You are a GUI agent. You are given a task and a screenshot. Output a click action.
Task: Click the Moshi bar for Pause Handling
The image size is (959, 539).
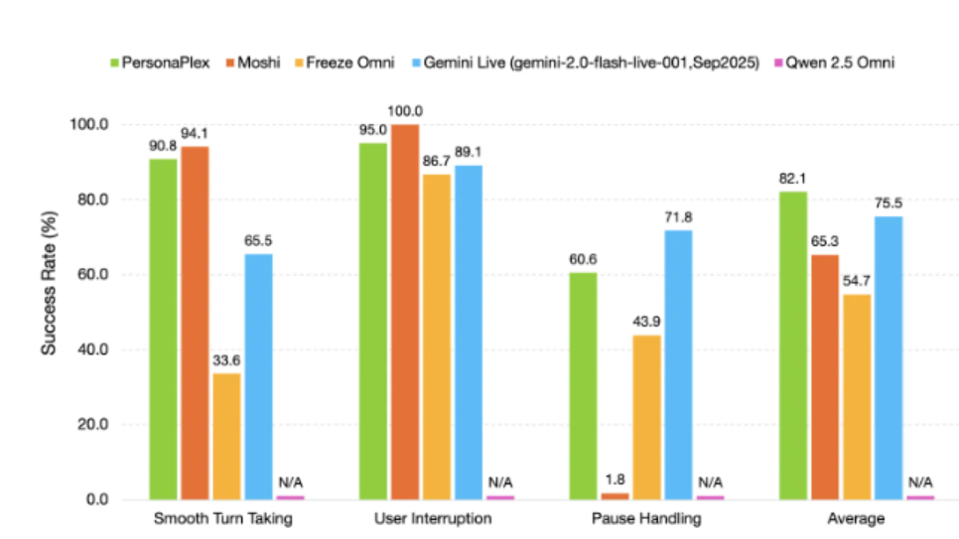[615, 495]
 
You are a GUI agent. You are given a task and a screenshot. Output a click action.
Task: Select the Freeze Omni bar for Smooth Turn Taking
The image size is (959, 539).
[226, 436]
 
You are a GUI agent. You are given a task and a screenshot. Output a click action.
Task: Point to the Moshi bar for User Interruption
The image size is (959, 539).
[404, 312]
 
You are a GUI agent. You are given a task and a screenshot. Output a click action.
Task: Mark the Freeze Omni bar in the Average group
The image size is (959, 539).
[857, 396]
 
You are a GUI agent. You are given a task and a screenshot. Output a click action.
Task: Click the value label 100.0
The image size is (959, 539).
[405, 111]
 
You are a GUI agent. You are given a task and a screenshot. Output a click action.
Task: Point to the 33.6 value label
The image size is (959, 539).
[226, 360]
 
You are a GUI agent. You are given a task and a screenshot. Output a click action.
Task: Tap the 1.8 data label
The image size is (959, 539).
[616, 481]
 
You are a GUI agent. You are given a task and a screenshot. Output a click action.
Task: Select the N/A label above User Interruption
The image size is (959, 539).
[500, 482]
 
